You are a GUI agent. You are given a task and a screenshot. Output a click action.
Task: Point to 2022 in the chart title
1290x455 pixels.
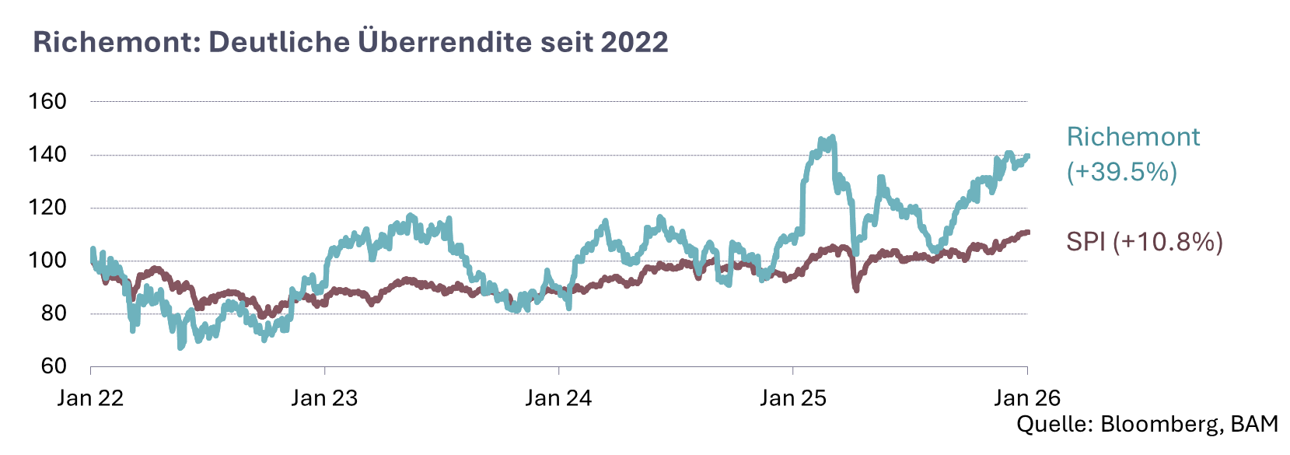tap(634, 42)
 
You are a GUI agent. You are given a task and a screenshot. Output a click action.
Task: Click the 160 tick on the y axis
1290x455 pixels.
tap(47, 101)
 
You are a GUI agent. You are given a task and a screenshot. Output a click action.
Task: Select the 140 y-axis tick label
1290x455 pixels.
tap(47, 155)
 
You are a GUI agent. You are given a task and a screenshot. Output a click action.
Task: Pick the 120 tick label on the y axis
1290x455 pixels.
tap(47, 208)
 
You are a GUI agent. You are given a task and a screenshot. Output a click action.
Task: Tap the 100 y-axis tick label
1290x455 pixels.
tap(47, 261)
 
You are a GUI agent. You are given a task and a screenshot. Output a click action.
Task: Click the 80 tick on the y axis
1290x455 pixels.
tap(53, 313)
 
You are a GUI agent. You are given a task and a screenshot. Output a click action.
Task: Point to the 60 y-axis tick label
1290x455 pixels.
tap(53, 366)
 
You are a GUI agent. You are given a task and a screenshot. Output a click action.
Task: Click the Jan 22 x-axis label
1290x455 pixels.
tap(91, 398)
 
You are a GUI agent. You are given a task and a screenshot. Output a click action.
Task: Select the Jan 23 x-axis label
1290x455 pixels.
tap(324, 398)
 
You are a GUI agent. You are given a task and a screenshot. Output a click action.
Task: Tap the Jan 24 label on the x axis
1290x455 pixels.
tap(558, 398)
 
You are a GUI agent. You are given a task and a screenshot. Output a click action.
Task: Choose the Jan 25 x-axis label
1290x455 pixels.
tap(793, 398)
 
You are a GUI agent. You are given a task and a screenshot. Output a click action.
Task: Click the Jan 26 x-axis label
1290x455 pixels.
tap(1027, 398)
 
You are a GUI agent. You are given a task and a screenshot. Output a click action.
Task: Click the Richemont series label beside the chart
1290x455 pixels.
tap(1133, 137)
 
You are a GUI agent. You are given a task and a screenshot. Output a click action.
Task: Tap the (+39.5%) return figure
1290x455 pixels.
tap(1122, 172)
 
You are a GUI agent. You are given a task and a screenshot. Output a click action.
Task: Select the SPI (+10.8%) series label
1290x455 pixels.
tap(1145, 242)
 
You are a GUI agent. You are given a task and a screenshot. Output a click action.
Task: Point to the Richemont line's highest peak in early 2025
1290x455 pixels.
tap(832, 138)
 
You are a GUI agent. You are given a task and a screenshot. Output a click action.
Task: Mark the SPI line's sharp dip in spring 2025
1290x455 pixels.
tap(856, 289)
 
